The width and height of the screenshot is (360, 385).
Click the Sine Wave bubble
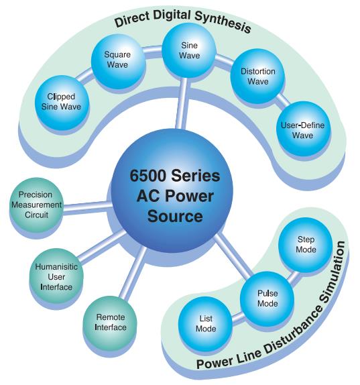[189, 50]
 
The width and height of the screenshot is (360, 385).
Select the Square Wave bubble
[118, 60]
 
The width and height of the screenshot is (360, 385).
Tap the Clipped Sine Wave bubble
[62, 103]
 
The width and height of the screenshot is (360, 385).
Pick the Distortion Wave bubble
[257, 76]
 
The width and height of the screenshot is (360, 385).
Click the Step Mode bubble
[306, 245]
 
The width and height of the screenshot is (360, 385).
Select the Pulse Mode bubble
[267, 298]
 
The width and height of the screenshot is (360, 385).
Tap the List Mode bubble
[205, 323]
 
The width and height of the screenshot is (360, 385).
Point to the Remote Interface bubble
[110, 323]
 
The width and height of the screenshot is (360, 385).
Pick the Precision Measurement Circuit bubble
[36, 205]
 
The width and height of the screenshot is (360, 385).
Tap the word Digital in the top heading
[172, 15]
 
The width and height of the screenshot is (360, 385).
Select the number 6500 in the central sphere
[147, 176]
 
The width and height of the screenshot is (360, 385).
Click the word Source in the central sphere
[175, 216]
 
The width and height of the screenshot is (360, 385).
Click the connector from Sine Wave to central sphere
[182, 103]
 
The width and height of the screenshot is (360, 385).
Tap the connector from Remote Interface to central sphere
[133, 273]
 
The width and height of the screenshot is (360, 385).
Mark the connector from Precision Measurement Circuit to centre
[88, 207]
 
